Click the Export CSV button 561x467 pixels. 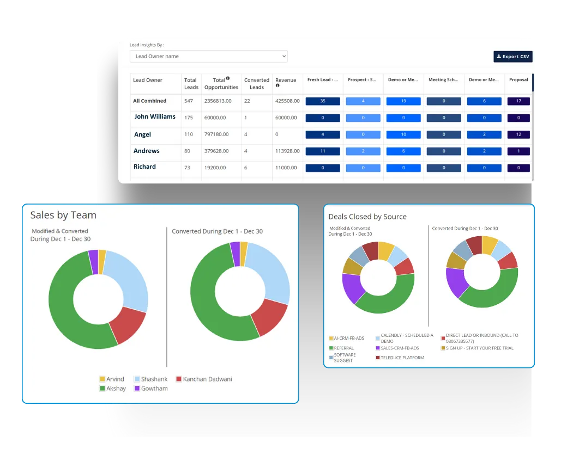click(x=512, y=57)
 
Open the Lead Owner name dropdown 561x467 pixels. click(x=208, y=56)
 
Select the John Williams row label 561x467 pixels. click(x=155, y=116)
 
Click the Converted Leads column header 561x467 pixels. click(x=257, y=83)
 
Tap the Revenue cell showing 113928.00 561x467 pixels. click(x=286, y=151)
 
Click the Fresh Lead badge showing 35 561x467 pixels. click(x=323, y=101)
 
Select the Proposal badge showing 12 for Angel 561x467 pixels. click(x=518, y=134)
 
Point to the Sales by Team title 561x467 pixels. click(x=63, y=215)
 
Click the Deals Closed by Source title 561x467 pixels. click(x=367, y=217)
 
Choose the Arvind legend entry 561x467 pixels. click(x=111, y=379)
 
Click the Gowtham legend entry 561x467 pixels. click(x=150, y=389)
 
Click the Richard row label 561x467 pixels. click(x=144, y=167)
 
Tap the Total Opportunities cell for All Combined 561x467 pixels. click(x=218, y=101)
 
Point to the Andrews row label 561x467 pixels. click(x=147, y=151)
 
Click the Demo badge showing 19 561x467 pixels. click(x=403, y=101)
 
